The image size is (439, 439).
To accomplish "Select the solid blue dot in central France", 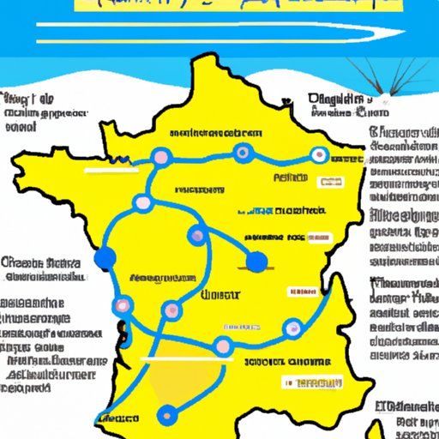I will (256, 262).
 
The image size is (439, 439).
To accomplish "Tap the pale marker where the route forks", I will (143, 202).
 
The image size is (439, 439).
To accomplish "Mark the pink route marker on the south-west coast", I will (123, 304).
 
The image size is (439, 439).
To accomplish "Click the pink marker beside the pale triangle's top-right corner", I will (223, 346).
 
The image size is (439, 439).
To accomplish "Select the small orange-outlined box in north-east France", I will (328, 181).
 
